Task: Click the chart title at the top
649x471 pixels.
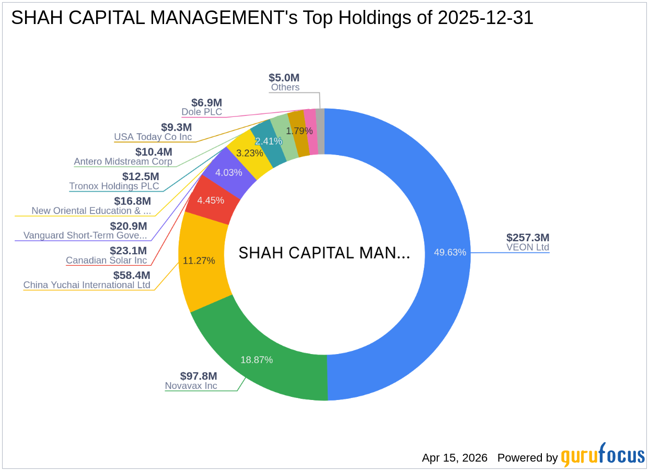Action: click(x=272, y=18)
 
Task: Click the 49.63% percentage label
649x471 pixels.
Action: click(x=450, y=252)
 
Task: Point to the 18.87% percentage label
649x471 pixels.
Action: click(x=257, y=360)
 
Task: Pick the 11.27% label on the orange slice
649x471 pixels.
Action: click(x=199, y=261)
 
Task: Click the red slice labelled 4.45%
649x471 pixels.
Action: click(x=212, y=201)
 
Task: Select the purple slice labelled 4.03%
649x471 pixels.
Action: click(x=229, y=172)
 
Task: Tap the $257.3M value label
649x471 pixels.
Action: click(x=528, y=238)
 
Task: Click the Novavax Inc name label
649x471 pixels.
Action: click(x=191, y=386)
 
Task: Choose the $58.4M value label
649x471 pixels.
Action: click(x=132, y=275)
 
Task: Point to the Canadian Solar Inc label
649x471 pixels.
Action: click(x=107, y=260)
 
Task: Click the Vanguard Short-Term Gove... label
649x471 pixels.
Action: click(x=85, y=236)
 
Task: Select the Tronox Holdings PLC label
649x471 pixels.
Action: click(x=114, y=186)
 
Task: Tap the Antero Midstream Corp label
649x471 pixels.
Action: click(x=123, y=161)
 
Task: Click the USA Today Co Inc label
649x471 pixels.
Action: click(x=153, y=137)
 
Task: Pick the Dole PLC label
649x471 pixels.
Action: click(x=202, y=112)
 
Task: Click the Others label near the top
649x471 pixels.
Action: click(x=285, y=87)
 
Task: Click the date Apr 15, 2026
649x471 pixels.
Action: click(x=455, y=458)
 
